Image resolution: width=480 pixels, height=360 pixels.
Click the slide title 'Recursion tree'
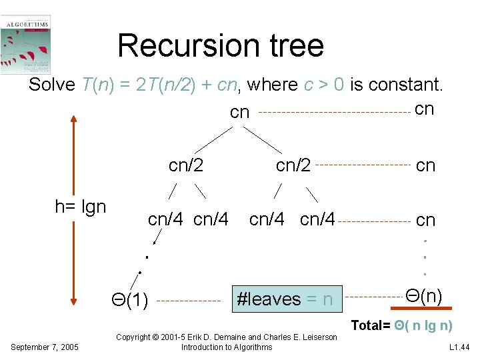[221, 45]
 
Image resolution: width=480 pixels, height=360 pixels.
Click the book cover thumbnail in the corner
[26, 44]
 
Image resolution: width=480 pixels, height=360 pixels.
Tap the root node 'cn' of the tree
[239, 113]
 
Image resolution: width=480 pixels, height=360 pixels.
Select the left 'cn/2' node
[186, 165]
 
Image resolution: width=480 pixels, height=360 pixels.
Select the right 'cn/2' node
[293, 165]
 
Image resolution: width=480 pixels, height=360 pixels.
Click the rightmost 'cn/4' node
[317, 219]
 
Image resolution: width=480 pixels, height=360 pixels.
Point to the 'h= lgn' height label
[81, 207]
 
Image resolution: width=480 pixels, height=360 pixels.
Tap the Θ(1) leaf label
[129, 301]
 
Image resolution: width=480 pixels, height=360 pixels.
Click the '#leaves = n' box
[285, 299]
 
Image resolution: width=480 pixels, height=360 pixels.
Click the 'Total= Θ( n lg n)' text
[401, 325]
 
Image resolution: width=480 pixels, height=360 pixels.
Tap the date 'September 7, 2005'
[44, 347]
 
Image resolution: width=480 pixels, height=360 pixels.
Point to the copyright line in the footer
[227, 337]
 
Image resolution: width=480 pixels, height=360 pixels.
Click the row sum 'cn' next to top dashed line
[424, 109]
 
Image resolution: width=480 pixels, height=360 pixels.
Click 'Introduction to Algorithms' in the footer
[227, 347]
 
